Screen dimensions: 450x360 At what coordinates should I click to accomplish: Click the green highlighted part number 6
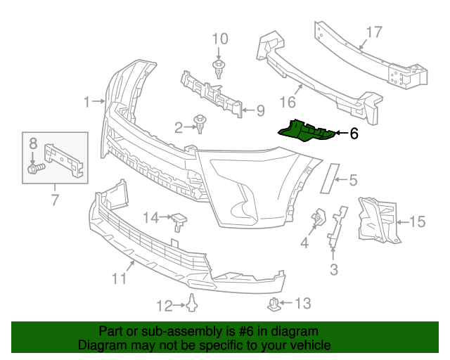pos(309,131)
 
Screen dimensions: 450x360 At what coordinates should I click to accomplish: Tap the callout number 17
pos(373,32)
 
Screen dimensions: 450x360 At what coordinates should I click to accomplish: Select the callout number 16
pos(288,103)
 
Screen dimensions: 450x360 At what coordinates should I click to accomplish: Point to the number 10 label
pos(220,38)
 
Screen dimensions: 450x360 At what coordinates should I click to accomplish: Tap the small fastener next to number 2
pos(202,125)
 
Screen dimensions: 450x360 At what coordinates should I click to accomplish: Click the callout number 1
pos(88,103)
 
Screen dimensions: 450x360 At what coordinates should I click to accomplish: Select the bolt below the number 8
pos(36,168)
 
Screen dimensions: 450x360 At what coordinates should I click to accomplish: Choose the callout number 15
pos(417,223)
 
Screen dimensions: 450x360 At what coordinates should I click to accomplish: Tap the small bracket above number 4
pos(318,218)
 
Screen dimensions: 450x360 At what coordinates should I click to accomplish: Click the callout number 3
pos(333,269)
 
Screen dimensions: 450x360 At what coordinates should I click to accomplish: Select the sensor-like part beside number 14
pos(181,221)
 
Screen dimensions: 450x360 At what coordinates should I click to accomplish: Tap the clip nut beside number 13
pos(276,304)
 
